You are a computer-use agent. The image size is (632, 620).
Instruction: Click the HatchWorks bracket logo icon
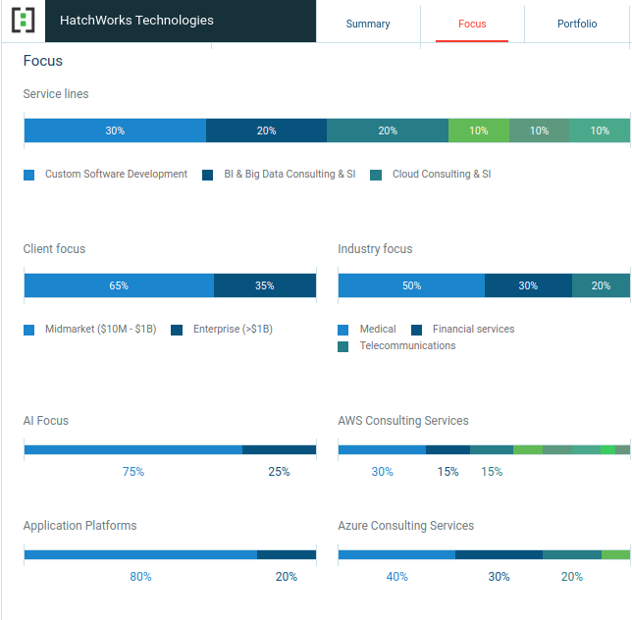[x=24, y=21]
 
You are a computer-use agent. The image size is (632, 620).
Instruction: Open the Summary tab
[x=368, y=24]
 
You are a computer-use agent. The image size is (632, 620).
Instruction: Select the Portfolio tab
[x=577, y=24]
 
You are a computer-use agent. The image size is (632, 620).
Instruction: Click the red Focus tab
[x=472, y=24]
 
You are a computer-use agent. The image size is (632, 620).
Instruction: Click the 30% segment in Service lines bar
[x=115, y=130]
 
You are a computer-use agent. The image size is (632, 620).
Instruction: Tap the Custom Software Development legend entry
[x=116, y=175]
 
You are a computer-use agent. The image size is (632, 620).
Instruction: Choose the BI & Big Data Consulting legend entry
[x=290, y=175]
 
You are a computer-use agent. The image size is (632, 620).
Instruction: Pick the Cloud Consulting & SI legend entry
[x=441, y=175]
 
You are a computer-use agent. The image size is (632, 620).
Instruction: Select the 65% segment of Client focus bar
[x=119, y=285]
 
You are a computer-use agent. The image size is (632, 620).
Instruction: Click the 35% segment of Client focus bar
[x=265, y=285]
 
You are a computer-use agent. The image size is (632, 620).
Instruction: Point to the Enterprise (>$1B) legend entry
[x=233, y=330]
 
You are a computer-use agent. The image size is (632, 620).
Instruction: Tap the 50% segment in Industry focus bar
[x=411, y=285]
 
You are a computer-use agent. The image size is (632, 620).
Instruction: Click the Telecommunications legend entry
[x=407, y=346]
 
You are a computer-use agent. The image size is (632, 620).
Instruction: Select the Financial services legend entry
[x=473, y=330]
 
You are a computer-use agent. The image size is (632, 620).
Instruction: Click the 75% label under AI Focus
[x=133, y=472]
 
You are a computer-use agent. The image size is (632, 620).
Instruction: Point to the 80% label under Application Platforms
[x=140, y=577]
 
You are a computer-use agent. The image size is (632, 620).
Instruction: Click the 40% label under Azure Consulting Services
[x=396, y=577]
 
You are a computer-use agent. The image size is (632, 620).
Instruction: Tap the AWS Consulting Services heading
[x=403, y=421]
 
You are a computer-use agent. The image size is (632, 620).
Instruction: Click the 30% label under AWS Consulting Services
[x=382, y=472]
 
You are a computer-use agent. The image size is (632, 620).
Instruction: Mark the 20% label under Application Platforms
[x=287, y=577]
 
